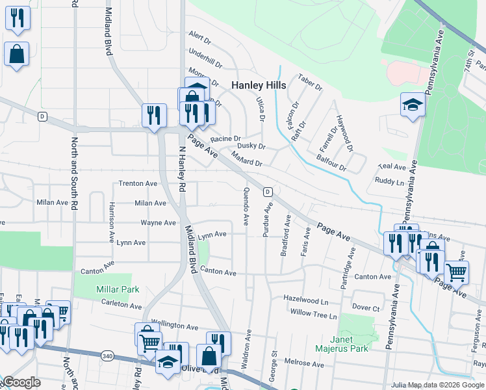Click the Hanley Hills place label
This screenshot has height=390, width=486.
click(x=260, y=85)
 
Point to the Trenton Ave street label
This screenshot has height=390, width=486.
click(x=138, y=184)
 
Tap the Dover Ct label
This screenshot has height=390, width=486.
click(x=366, y=307)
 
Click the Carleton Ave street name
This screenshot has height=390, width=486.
click(x=122, y=305)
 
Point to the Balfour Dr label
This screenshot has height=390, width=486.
click(x=331, y=162)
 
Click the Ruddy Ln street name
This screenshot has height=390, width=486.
click(x=390, y=182)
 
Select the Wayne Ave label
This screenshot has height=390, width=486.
click(x=159, y=222)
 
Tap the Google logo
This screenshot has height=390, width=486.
click(x=21, y=382)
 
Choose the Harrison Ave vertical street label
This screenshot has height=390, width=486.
click(x=112, y=213)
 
